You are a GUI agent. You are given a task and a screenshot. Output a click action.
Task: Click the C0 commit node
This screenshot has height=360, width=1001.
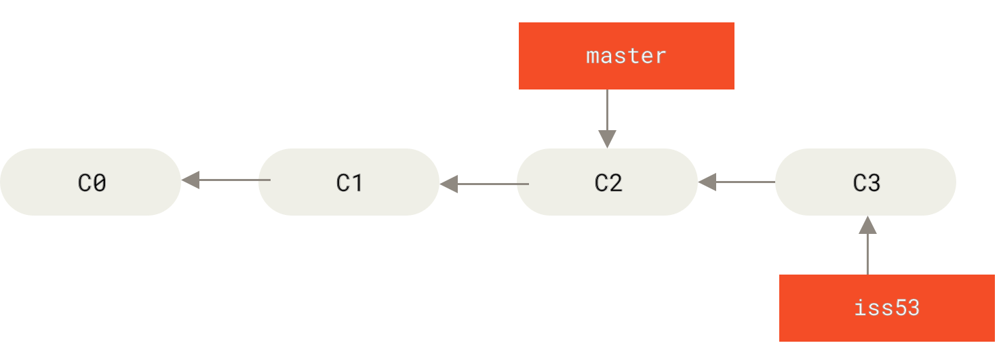pos(90,182)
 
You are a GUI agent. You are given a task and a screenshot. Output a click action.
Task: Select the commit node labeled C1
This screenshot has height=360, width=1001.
pos(349,182)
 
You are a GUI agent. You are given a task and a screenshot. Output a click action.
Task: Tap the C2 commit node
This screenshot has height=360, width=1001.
pos(607,182)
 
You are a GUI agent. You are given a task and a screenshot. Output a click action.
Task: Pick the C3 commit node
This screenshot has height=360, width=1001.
pos(865,182)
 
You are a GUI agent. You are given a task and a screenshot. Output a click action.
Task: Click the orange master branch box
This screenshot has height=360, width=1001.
pos(626,56)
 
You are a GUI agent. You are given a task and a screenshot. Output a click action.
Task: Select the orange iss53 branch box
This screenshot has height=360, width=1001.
pos(886,308)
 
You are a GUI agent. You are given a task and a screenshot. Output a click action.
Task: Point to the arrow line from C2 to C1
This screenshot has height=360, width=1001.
pos(492,183)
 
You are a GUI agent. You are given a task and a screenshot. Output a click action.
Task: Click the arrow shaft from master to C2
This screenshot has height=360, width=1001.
pos(607,108)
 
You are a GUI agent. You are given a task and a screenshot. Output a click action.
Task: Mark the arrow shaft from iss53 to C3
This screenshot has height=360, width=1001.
pos(867,254)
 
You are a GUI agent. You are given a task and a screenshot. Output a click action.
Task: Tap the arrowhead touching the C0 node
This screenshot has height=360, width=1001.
pos(191,180)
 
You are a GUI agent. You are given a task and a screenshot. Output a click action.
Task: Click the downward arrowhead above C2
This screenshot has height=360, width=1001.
pos(607,139)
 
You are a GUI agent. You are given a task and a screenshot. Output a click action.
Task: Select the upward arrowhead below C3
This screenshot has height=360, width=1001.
pos(867,225)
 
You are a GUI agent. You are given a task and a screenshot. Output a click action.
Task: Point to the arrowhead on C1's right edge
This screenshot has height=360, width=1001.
pos(449,183)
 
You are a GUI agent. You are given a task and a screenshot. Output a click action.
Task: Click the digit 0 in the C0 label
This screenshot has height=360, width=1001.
pos(99,183)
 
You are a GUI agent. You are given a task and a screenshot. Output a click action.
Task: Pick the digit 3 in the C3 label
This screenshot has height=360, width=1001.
pos(874,183)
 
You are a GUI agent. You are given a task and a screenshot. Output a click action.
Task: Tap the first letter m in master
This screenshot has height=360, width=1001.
pos(593,56)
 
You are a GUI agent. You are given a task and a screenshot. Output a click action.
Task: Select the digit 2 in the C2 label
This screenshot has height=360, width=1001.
pos(616,183)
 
